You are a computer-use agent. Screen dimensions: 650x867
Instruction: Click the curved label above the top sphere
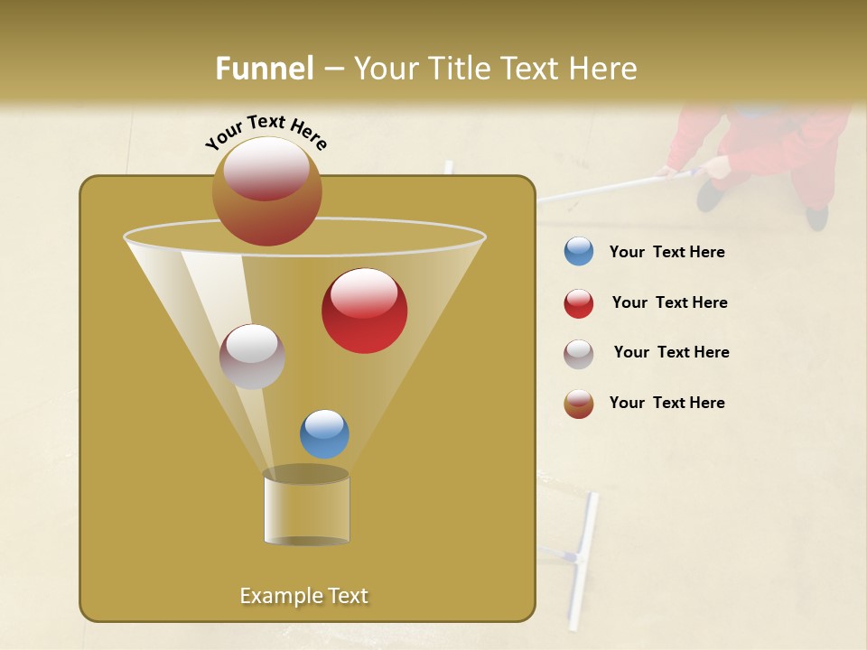pos(266,132)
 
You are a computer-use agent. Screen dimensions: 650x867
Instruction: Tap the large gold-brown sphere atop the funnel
pos(266,190)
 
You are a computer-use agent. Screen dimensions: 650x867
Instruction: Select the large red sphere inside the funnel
pos(364,311)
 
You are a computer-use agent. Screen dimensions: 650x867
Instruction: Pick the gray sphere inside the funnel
pos(252,357)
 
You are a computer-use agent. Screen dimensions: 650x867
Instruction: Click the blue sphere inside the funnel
pos(324,433)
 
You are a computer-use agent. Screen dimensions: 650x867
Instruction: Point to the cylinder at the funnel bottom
pos(306,507)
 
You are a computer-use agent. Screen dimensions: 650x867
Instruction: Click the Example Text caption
pos(303,596)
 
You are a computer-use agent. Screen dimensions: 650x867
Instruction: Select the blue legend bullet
pos(579,252)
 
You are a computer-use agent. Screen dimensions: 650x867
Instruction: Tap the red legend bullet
pos(579,303)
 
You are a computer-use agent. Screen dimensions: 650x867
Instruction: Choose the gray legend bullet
pos(579,354)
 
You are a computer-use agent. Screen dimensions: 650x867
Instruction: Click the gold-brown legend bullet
pos(579,404)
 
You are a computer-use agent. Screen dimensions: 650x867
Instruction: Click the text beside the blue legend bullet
pos(667,253)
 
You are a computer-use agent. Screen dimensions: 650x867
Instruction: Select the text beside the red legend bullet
pos(669,303)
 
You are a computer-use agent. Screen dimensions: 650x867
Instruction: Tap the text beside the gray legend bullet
pos(671,353)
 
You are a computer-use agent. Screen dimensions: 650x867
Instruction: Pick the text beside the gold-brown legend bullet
pos(667,403)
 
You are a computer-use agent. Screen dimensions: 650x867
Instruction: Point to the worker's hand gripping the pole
pos(716,166)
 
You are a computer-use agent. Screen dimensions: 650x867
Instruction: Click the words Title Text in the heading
pos(505,69)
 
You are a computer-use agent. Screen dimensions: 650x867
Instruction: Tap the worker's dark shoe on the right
pos(816,217)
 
